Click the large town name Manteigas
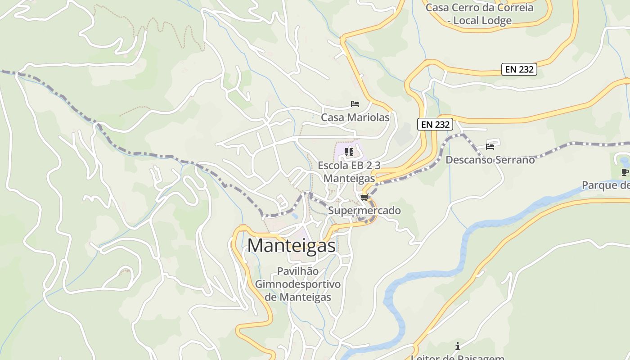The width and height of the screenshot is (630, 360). [x=292, y=245]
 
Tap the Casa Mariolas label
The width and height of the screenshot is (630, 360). [x=355, y=117]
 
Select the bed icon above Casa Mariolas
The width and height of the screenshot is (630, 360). [x=355, y=104]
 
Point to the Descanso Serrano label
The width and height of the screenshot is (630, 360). [x=490, y=160]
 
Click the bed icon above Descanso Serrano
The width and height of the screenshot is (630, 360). [x=490, y=146]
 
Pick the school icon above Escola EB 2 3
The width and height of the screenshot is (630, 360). [x=349, y=152]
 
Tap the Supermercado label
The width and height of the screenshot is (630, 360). [x=364, y=210]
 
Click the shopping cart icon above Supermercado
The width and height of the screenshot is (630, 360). [x=364, y=197]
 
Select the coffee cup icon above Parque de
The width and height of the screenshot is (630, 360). [x=625, y=172]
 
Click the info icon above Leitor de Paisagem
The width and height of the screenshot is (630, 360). [x=458, y=346]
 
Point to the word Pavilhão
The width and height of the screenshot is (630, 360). [x=298, y=271]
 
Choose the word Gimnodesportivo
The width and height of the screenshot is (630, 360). [x=298, y=284]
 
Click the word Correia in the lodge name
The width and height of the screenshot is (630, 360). [x=516, y=8]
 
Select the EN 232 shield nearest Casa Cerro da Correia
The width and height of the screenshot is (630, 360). [x=519, y=69]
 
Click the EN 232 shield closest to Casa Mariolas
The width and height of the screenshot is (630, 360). [x=435, y=125]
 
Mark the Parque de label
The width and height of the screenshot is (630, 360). [x=606, y=185]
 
